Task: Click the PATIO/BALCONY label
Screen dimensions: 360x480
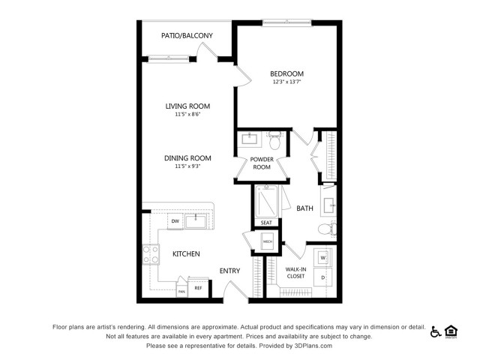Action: (187, 35)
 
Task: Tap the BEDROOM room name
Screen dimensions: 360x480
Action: (287, 73)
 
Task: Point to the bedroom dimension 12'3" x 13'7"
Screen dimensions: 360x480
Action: (287, 83)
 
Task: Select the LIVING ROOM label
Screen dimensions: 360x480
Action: (187, 106)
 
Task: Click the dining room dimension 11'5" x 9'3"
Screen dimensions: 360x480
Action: (187, 167)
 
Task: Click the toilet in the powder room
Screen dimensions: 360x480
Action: (274, 139)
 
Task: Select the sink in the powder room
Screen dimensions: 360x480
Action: (249, 139)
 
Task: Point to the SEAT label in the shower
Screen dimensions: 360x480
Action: (266, 223)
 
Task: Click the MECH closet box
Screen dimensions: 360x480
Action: (267, 242)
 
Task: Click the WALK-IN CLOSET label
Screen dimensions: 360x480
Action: (295, 272)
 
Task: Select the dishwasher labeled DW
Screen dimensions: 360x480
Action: (175, 220)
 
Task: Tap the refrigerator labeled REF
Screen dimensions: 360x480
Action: (199, 287)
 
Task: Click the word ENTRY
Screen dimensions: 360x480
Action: (229, 271)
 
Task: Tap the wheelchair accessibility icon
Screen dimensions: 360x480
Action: (435, 331)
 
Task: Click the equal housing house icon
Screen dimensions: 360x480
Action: (451, 331)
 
